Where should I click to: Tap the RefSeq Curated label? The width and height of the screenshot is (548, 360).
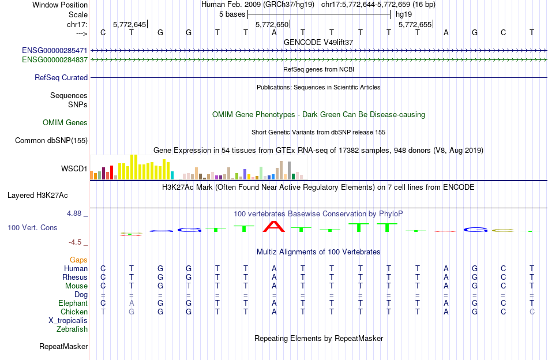pyautogui.click(x=61, y=77)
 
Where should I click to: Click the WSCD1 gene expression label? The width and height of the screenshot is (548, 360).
pyautogui.click(x=74, y=169)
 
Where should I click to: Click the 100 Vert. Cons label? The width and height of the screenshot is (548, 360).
pyautogui.click(x=32, y=228)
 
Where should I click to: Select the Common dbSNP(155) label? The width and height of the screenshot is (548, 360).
pyautogui.click(x=51, y=140)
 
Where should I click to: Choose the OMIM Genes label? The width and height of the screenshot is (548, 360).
pyautogui.click(x=65, y=122)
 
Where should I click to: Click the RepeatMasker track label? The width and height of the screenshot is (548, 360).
pyautogui.click(x=63, y=347)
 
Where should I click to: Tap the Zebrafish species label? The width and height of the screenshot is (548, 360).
pyautogui.click(x=72, y=329)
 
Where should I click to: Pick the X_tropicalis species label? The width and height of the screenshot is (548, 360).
pyautogui.click(x=68, y=320)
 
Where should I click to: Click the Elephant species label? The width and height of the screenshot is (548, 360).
pyautogui.click(x=73, y=303)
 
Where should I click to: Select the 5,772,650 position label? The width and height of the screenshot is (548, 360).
pyautogui.click(x=272, y=25)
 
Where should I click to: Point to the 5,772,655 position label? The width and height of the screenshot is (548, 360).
pyautogui.click(x=415, y=25)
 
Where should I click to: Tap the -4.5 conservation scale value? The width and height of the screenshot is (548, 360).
pyautogui.click(x=77, y=242)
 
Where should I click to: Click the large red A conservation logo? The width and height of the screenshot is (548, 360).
pyautogui.click(x=274, y=226)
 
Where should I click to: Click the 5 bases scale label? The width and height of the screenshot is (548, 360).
pyautogui.click(x=232, y=14)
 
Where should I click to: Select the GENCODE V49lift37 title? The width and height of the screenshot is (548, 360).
pyautogui.click(x=318, y=42)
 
